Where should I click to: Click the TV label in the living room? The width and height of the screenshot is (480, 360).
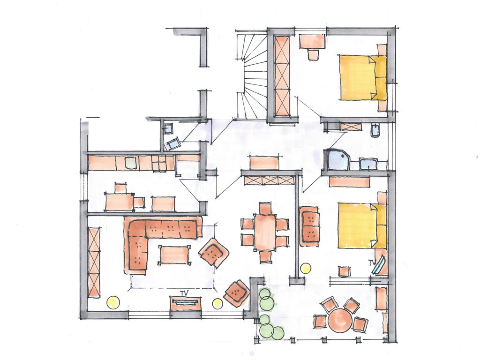(184, 292)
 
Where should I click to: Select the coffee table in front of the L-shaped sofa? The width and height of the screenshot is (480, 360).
(173, 255)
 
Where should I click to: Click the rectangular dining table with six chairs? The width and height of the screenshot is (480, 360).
(265, 232)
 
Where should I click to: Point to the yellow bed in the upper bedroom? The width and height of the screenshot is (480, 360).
(362, 77)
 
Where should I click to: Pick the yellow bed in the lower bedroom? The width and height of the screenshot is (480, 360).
(362, 225)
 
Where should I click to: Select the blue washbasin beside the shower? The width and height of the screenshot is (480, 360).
(368, 164)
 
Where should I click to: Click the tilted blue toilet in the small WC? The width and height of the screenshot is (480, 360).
(172, 143)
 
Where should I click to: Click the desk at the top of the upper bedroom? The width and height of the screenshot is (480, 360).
(312, 41)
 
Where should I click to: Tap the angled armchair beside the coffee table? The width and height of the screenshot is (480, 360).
(214, 252)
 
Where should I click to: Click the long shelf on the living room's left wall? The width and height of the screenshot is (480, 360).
(94, 262)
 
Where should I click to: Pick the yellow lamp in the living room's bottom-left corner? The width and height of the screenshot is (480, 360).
(112, 302)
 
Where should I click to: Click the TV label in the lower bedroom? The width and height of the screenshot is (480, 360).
(372, 262)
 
